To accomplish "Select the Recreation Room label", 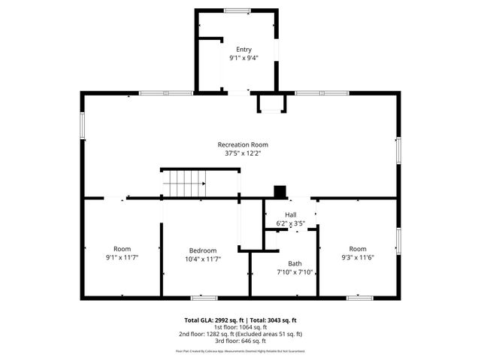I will point(243,144).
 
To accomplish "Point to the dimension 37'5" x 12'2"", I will point(243,153).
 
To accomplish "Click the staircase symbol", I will point(184,182).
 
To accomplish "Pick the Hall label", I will point(290,215).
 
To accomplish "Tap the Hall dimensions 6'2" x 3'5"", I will point(290,223).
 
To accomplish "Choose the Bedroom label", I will point(203,250).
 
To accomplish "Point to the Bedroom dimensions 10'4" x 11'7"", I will point(203,259).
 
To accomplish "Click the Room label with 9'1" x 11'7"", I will point(122,249).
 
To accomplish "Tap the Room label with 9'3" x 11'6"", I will point(357,249).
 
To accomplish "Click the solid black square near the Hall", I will point(280,192).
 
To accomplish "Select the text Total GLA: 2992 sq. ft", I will point(214,320).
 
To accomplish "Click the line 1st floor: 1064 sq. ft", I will point(240,327).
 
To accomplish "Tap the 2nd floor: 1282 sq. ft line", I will point(240,334).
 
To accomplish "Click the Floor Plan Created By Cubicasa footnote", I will point(240,351).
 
